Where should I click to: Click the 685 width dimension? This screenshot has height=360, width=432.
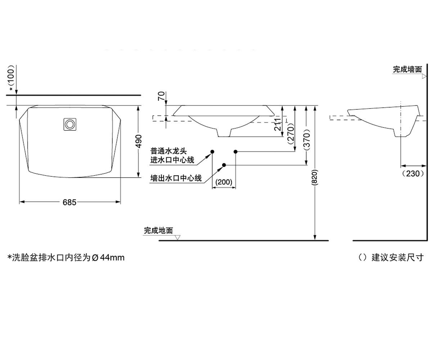pyautogui.click(x=69, y=202)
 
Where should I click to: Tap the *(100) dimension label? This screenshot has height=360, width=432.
pyautogui.click(x=12, y=78)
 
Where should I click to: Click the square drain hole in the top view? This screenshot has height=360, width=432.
pyautogui.click(x=70, y=124)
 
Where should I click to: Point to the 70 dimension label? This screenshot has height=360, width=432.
pyautogui.click(x=161, y=96)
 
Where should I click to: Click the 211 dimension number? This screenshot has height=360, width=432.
pyautogui.click(x=278, y=124)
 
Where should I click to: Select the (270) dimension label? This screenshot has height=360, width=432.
pyautogui.click(x=291, y=134)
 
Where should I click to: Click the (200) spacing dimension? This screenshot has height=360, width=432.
pyautogui.click(x=224, y=182)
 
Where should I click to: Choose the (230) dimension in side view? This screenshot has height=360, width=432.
pyautogui.click(x=413, y=174)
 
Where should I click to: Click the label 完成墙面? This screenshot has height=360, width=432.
pyautogui.click(x=408, y=69)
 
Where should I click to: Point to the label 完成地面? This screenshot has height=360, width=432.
pyautogui.click(x=158, y=230)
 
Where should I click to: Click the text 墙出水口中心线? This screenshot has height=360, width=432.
pyautogui.click(x=176, y=178)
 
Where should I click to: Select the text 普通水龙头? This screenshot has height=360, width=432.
pyautogui.click(x=168, y=151)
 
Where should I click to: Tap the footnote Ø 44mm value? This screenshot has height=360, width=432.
pyautogui.click(x=108, y=258)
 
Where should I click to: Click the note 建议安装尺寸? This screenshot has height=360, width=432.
pyautogui.click(x=397, y=258)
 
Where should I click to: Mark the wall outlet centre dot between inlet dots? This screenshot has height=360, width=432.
pyautogui.click(x=224, y=165)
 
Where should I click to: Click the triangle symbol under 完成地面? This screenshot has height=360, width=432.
pyautogui.click(x=177, y=238)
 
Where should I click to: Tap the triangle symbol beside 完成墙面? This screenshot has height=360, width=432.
pyautogui.click(x=424, y=76)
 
